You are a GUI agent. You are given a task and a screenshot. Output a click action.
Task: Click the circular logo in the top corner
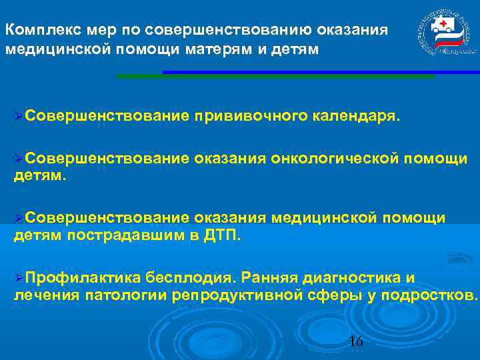coord(444,34)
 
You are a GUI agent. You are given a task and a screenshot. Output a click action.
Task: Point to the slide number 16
coord(356,342)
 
